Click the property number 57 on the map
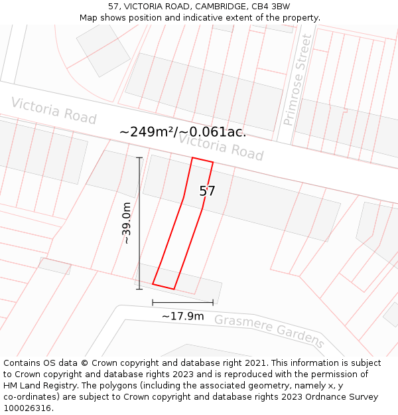point(207,191)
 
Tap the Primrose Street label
point(297,80)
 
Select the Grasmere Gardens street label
point(269,331)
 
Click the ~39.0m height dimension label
point(126,223)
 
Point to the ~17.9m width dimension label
point(182,316)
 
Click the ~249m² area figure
point(147,131)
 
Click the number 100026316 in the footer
point(27,408)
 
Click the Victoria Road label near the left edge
point(54,110)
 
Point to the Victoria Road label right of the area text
point(221,147)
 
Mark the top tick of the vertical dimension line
point(139,157)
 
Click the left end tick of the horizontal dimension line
point(153,303)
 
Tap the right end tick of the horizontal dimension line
point(213,303)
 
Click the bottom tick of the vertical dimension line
point(139,289)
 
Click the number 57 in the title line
point(113,7)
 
